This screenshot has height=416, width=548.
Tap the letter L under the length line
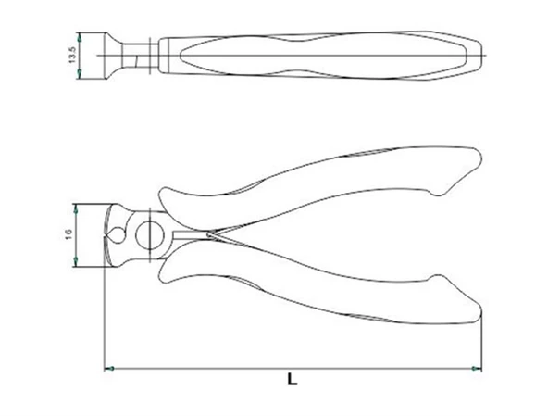click(x=292, y=379)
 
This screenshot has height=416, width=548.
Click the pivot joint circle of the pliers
click(x=147, y=235)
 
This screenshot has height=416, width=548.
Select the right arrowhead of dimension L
click(x=478, y=369)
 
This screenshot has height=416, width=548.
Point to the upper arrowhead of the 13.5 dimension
click(x=81, y=37)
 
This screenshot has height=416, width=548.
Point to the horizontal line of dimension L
click(x=231, y=369)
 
